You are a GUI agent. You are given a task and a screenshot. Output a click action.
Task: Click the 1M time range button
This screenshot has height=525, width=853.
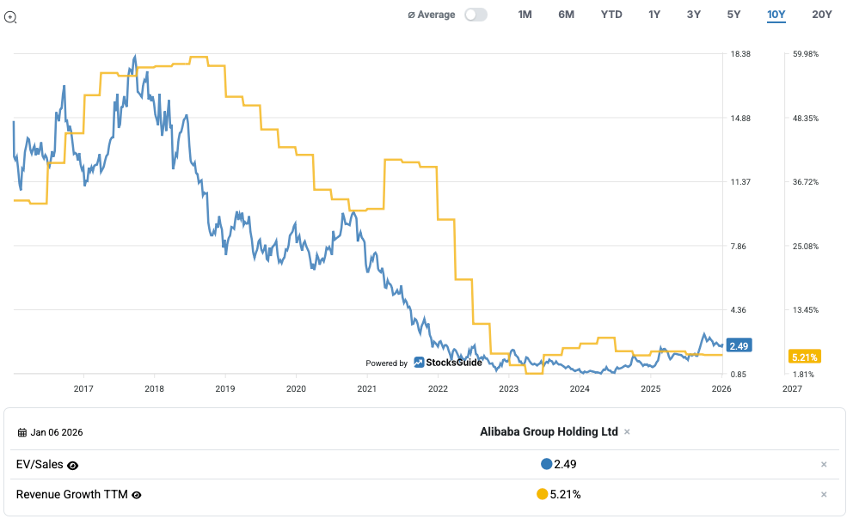(x=525, y=15)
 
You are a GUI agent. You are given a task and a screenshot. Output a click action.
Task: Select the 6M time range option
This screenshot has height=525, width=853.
(x=566, y=15)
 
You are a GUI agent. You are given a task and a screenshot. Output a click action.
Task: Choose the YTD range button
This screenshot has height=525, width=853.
(x=611, y=15)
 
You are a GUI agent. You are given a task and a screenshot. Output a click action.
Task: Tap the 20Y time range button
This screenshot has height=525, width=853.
(x=822, y=15)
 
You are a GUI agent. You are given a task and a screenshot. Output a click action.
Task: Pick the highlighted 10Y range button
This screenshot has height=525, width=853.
(x=776, y=15)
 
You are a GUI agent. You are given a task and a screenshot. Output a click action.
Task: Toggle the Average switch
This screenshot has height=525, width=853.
(x=476, y=15)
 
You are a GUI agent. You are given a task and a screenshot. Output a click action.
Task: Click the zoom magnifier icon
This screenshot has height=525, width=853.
(x=11, y=17)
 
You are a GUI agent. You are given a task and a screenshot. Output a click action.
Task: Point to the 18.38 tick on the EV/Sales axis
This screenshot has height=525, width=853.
(x=740, y=54)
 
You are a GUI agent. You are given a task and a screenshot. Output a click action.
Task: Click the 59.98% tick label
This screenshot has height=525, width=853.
(x=806, y=54)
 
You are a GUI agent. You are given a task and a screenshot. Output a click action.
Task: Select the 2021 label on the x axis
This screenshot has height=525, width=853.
(x=366, y=389)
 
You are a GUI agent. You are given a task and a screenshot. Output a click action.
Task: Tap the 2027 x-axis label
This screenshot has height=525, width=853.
(x=792, y=389)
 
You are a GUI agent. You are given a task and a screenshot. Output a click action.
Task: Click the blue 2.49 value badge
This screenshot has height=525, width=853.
(x=739, y=345)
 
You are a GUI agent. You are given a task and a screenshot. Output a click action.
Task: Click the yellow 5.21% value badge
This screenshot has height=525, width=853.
(x=805, y=356)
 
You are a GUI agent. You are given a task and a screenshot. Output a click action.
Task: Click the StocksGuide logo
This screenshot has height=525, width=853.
(x=447, y=363)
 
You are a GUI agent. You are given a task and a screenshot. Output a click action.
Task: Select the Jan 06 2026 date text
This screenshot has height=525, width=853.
(x=57, y=432)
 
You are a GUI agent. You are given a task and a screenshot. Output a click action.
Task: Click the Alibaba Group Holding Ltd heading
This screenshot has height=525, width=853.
(x=549, y=431)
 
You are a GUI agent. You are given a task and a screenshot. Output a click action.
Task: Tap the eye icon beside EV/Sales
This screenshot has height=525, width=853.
(x=73, y=465)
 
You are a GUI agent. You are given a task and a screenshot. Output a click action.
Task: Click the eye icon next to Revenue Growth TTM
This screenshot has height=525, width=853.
(x=137, y=495)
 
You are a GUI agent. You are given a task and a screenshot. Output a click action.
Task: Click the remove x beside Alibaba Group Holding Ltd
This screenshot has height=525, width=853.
(x=627, y=431)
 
